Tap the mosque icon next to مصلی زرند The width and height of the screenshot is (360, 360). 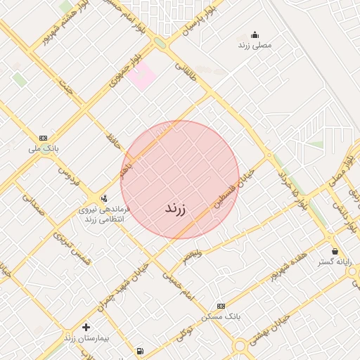[x=255, y=34]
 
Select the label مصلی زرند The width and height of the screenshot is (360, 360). [x=255, y=45]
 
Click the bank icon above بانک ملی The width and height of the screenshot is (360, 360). [x=44, y=138]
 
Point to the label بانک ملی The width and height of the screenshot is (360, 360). [x=44, y=148]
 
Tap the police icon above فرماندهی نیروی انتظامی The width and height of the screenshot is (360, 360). [x=104, y=198]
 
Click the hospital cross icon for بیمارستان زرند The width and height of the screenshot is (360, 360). [x=86, y=327]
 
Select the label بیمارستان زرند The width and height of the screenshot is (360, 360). [x=86, y=338]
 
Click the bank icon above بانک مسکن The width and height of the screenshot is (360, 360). [x=221, y=306]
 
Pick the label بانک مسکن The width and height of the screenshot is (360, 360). [x=221, y=316]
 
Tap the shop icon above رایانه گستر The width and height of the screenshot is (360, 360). [x=334, y=251]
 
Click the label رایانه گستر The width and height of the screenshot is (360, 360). [x=334, y=262]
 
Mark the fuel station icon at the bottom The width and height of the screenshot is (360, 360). [x=140, y=351]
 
